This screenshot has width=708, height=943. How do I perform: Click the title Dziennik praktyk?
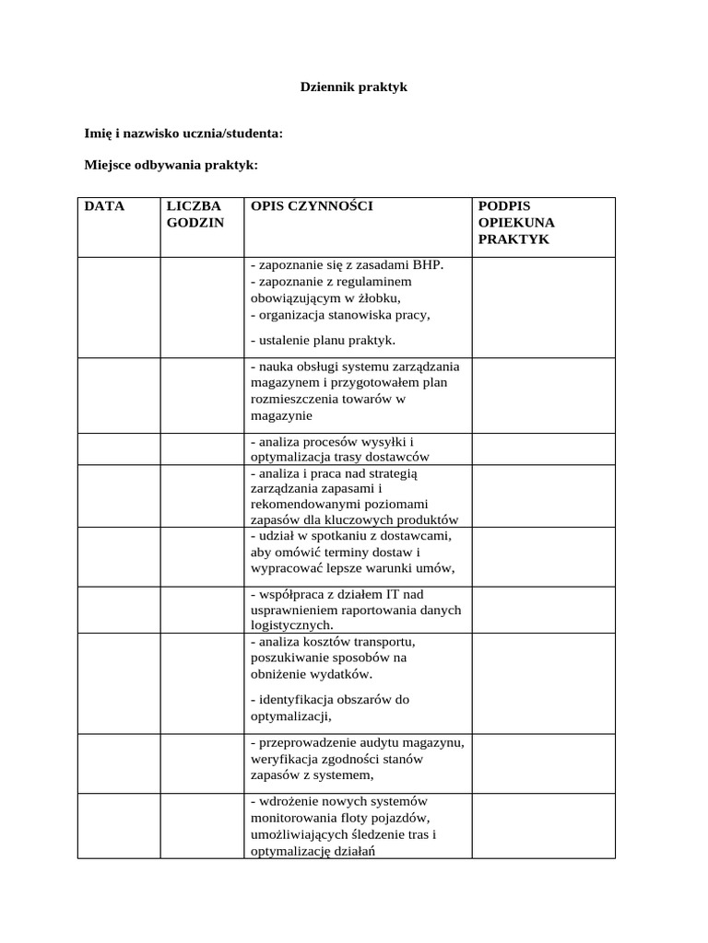click(354, 87)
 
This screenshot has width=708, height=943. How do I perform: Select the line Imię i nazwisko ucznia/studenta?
click(183, 134)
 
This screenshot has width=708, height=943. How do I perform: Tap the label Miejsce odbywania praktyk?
click(171, 165)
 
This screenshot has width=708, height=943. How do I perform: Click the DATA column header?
click(104, 206)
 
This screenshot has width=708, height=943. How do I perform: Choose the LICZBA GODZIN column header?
click(195, 215)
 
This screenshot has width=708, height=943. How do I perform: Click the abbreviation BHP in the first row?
click(428, 265)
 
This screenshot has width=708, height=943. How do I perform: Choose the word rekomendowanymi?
click(301, 504)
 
